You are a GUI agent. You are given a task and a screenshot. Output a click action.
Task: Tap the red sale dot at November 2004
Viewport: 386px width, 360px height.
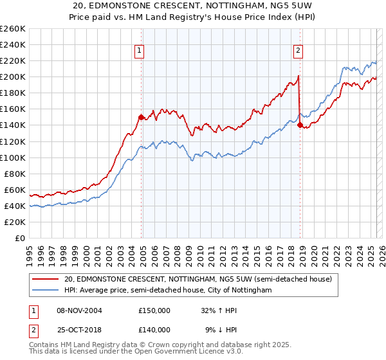click(x=142, y=117)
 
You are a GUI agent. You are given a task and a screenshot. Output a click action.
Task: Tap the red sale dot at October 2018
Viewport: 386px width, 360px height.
click(x=300, y=125)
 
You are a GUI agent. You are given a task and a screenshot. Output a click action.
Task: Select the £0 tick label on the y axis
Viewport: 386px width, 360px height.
click(x=19, y=238)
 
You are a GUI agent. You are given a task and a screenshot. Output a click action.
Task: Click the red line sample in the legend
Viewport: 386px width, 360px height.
click(x=46, y=280)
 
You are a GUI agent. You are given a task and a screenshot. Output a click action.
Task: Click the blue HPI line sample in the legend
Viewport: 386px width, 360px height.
click(x=46, y=291)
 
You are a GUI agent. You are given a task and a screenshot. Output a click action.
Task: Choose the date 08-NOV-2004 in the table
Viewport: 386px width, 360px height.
click(x=79, y=310)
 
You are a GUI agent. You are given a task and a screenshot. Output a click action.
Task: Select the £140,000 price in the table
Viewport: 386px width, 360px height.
click(x=154, y=330)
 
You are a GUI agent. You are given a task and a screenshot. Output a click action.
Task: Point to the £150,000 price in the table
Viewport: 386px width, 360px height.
click(x=154, y=310)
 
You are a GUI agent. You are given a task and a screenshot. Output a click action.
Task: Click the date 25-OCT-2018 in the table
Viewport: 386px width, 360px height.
click(x=78, y=330)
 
